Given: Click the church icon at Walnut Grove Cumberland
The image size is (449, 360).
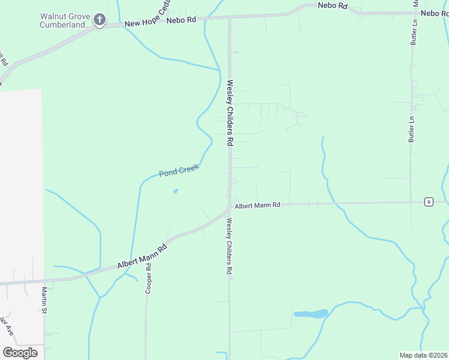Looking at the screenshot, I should pyautogui.click(x=100, y=21).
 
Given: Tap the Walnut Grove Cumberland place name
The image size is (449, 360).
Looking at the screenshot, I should pyautogui.click(x=65, y=20).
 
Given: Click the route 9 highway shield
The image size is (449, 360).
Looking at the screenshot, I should pyautogui.click(x=428, y=202).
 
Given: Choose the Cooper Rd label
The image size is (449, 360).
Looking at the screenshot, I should pyautogui.click(x=148, y=277).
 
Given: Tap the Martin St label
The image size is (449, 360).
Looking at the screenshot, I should pyautogui.click(x=44, y=300).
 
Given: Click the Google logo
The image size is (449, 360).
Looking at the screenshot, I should pyautogui.click(x=20, y=352).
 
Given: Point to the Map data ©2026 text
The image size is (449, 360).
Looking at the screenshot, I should pyautogui.click(x=423, y=355).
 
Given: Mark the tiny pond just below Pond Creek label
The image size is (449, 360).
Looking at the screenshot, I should pyautogui.click(x=175, y=191).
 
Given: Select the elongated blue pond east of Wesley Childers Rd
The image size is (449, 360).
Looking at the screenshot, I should pyautogui.click(x=310, y=314).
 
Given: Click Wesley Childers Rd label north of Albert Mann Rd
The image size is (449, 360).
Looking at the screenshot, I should pyautogui.click(x=229, y=113).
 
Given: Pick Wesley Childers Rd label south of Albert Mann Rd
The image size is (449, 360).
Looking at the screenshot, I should pyautogui.click(x=229, y=246).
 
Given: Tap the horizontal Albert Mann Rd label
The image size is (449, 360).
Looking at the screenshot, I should pyautogui.click(x=258, y=205).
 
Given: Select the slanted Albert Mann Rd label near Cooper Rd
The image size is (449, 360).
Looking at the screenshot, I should pyautogui.click(x=142, y=256).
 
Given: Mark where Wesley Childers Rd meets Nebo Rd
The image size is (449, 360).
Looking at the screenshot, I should pyautogui.click(x=229, y=18).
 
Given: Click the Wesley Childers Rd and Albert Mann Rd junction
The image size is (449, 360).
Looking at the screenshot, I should pyautogui.click(x=229, y=209).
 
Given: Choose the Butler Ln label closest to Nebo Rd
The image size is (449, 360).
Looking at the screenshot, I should pyautogui.click(x=413, y=29).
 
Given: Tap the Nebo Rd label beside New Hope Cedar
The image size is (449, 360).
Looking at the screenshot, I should pyautogui.click(x=181, y=20).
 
